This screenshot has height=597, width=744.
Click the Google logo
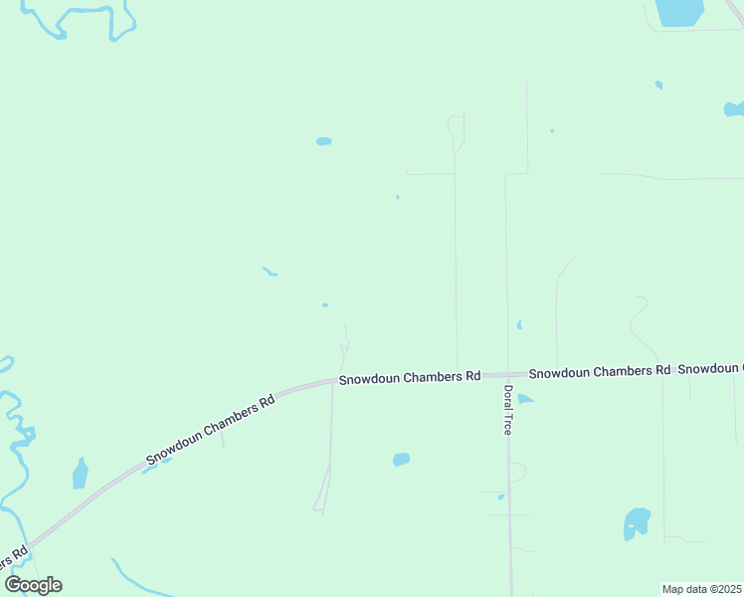click(34, 584)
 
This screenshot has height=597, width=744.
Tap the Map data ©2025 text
click(702, 589)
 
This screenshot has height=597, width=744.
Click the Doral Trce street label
click(507, 409)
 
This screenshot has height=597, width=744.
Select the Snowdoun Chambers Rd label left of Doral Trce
click(409, 378)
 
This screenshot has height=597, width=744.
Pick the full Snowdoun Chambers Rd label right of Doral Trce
click(599, 372)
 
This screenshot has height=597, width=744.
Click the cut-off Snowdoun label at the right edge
click(710, 369)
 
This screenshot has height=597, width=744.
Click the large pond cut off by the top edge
click(679, 11)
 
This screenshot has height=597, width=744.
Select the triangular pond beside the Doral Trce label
click(524, 399)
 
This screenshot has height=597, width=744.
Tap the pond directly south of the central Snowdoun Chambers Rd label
click(401, 459)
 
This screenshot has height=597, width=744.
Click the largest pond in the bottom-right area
click(636, 522)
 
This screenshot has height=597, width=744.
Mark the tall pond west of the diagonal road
click(81, 474)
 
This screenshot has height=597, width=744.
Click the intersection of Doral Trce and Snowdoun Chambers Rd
click(507, 375)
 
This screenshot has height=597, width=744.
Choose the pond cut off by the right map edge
click(734, 107)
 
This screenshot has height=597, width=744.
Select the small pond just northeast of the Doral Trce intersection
click(519, 324)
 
